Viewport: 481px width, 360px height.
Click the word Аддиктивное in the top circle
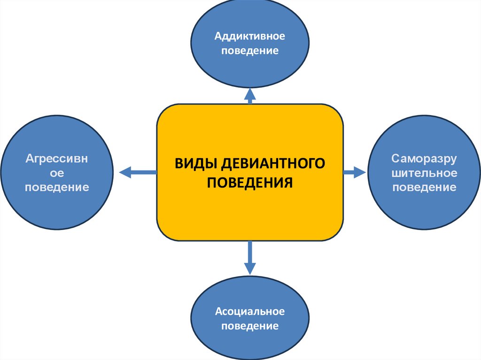[250, 36]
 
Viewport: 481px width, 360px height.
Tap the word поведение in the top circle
[250, 50]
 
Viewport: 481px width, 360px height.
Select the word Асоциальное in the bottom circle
[250, 312]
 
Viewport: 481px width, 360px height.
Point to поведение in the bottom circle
[250, 326]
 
